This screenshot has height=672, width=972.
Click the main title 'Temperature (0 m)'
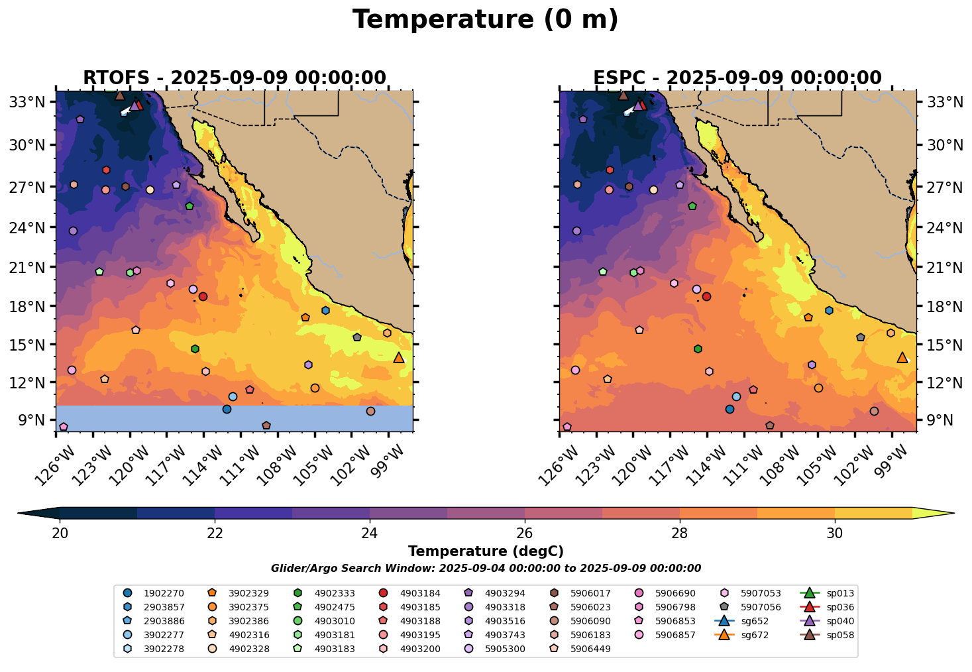485,20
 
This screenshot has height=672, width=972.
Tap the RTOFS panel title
234,78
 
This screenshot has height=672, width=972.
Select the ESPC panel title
737,78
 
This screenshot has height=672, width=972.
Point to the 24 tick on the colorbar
370,533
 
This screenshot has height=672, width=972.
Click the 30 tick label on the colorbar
835,533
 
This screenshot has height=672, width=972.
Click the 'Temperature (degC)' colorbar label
486,551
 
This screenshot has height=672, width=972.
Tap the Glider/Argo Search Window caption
486,569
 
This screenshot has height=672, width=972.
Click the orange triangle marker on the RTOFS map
399,358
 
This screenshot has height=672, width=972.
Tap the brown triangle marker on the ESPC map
623,95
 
